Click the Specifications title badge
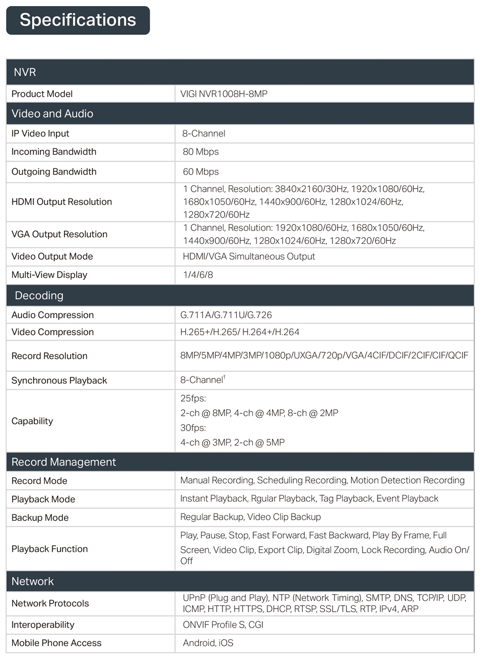tap(78, 20)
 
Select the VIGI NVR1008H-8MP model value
tap(224, 94)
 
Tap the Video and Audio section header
tap(52, 114)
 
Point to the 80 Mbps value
tap(200, 152)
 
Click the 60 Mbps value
tap(200, 172)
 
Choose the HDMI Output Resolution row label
tap(61, 202)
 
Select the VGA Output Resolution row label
tap(59, 234)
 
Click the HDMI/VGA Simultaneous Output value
tap(249, 257)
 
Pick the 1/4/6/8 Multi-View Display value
tap(198, 275)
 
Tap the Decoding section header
tap(39, 296)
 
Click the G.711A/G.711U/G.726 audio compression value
tap(226, 315)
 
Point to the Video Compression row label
tap(53, 332)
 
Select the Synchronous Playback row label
tap(59, 381)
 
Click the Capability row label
tap(32, 421)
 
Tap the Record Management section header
tap(63, 462)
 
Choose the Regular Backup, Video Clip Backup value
tap(251, 517)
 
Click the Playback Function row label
tap(50, 549)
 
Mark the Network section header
tap(32, 581)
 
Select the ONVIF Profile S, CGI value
tap(223, 625)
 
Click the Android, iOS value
tap(208, 643)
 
